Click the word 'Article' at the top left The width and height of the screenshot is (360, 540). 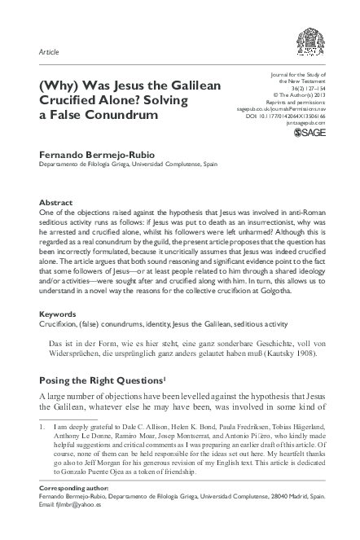coord(49,52)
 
